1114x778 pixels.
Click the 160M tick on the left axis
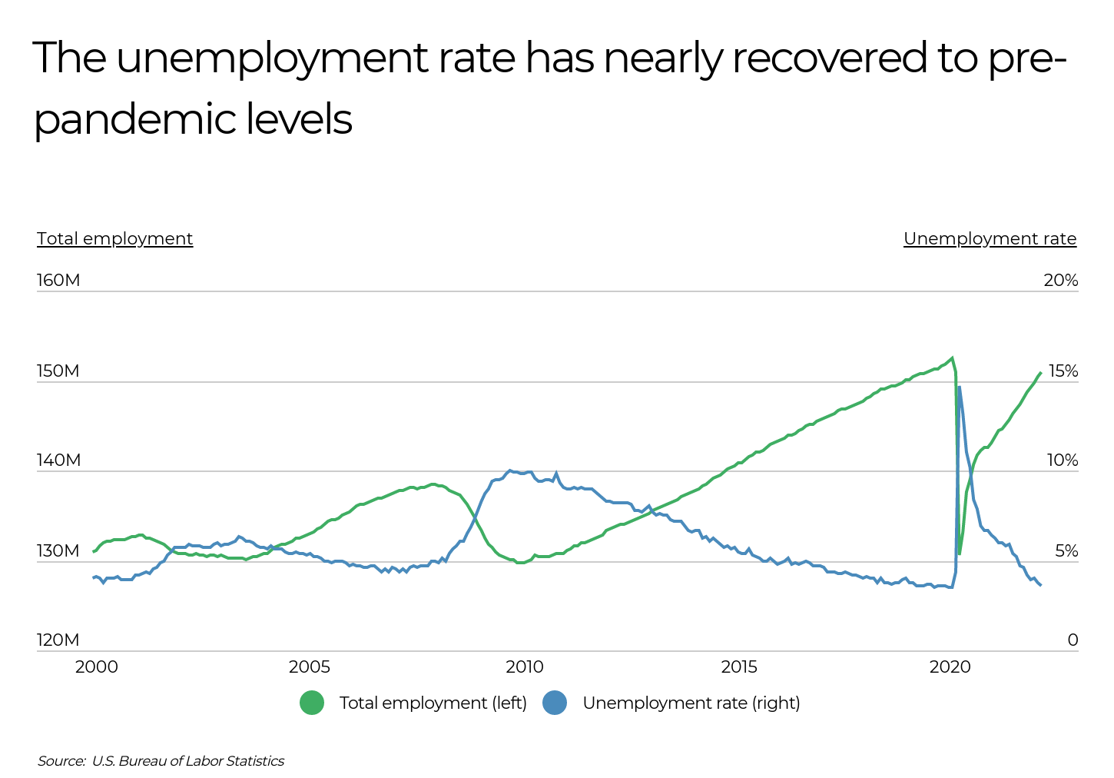tap(58, 281)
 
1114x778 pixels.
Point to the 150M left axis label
tap(58, 371)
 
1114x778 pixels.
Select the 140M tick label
tap(58, 460)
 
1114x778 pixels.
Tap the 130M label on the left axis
tap(58, 551)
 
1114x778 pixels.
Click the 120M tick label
tap(58, 640)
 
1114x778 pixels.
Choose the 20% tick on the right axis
tap(1060, 281)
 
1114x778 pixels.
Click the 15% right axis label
tap(1063, 371)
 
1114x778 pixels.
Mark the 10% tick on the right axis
tap(1062, 460)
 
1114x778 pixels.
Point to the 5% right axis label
tap(1066, 551)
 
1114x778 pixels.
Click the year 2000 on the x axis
tap(97, 667)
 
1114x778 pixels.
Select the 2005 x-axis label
tap(310, 667)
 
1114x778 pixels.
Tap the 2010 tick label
tap(525, 667)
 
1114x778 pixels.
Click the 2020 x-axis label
tap(950, 667)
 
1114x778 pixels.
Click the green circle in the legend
tap(312, 703)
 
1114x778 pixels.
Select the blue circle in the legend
tap(555, 703)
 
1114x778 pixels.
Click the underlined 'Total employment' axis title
tap(115, 239)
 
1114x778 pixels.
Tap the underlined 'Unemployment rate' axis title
tap(990, 239)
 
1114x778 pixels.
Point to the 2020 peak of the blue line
tap(960, 387)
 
